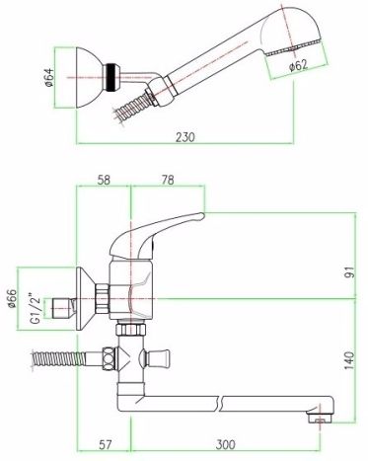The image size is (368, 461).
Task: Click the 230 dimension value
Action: coord(185,137)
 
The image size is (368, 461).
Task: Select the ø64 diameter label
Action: coord(48,78)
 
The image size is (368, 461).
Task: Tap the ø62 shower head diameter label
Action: coord(298,65)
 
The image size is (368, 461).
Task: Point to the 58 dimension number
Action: coord(104,180)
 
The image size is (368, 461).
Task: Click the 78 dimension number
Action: coord(168,180)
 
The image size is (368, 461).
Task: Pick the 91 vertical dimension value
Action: coord(350,272)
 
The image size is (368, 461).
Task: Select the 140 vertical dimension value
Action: coord(350,360)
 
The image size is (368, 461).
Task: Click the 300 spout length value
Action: coord(226,445)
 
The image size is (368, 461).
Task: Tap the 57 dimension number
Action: coord(106,445)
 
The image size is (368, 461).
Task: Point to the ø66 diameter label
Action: coord(12,298)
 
